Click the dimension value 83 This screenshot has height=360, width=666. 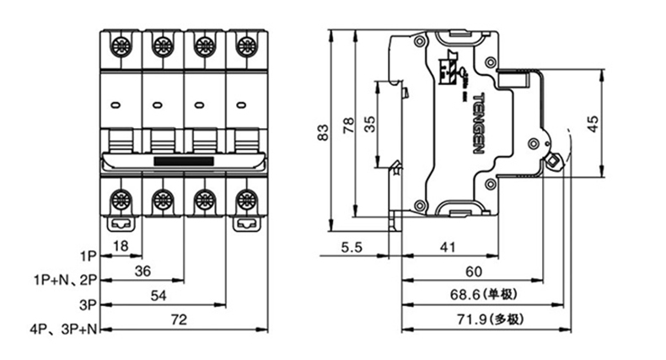(x=322, y=132)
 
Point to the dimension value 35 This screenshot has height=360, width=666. (x=370, y=124)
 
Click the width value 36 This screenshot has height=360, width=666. (x=142, y=271)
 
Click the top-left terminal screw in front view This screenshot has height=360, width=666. (x=121, y=45)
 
